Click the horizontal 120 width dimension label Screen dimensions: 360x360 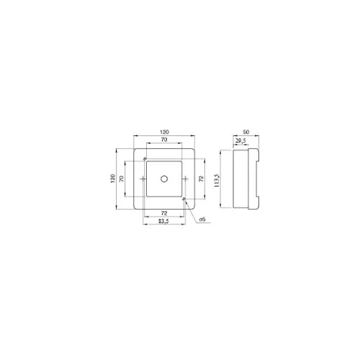click(x=164, y=132)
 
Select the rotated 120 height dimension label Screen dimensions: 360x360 click(x=113, y=179)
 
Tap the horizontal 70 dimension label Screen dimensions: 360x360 click(x=164, y=140)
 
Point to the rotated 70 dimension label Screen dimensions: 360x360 click(x=122, y=179)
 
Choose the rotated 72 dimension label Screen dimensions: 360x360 click(x=202, y=179)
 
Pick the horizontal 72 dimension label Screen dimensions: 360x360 click(x=164, y=213)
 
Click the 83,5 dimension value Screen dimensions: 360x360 click(x=163, y=221)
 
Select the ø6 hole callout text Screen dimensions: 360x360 click(x=202, y=220)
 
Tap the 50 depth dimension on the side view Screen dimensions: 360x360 click(x=246, y=132)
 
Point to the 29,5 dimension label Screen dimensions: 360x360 click(x=240, y=141)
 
